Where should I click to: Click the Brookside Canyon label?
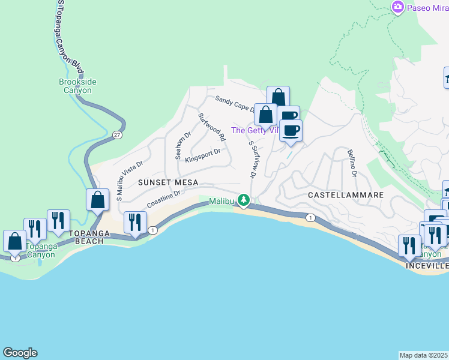(77, 86)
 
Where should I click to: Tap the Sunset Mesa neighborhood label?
(167, 182)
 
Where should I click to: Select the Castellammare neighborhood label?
(345, 196)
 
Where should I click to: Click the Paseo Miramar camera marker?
(397, 7)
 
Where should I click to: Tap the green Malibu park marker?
(243, 200)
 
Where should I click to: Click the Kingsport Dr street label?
(203, 155)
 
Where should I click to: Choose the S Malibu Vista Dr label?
(130, 179)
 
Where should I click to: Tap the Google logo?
(20, 353)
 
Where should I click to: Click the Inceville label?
(427, 265)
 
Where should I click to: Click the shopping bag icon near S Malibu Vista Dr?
(97, 200)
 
